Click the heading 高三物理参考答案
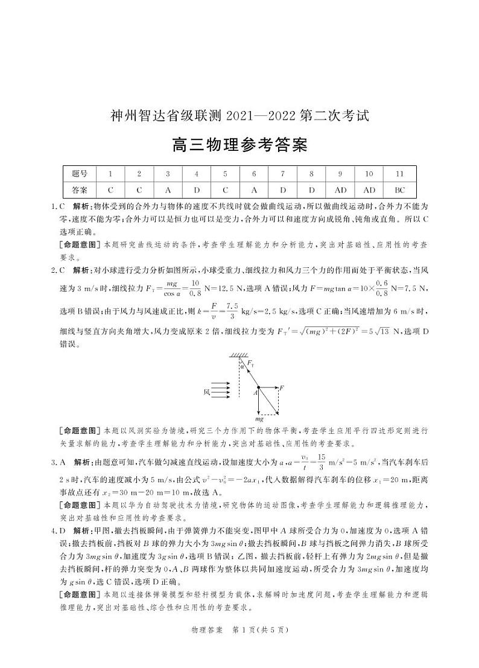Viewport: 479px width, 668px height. point(239,145)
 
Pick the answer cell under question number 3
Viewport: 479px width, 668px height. point(168,189)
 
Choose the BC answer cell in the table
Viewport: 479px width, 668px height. point(399,189)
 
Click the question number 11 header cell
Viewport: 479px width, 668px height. point(399,174)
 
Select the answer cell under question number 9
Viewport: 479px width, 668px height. point(340,189)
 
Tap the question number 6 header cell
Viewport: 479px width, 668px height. point(254,174)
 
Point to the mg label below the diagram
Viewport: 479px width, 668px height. point(259,418)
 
